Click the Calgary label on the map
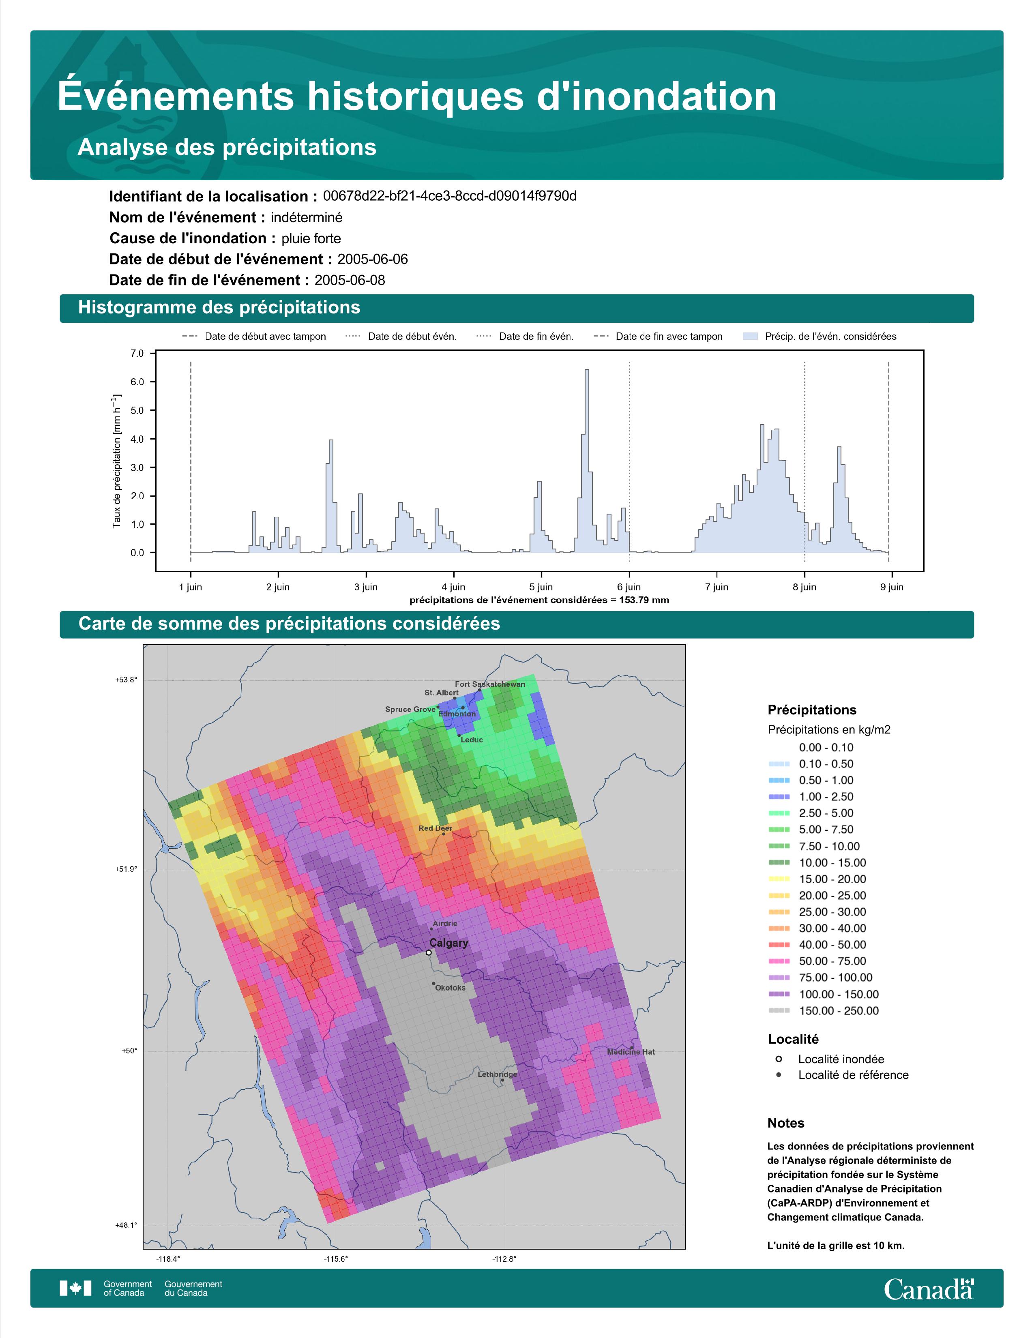point(448,943)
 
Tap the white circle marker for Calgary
point(429,953)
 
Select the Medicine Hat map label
point(631,1052)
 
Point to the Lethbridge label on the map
point(498,1074)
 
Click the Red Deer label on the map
point(435,828)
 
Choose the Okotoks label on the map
point(450,988)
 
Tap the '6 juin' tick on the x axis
point(629,587)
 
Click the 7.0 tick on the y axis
point(137,354)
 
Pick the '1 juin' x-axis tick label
point(191,587)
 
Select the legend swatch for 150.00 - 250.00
point(779,1011)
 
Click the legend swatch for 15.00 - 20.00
point(779,879)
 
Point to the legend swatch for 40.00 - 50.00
point(779,945)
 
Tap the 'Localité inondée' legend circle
point(779,1059)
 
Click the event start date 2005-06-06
point(372,259)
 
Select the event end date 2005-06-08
point(350,280)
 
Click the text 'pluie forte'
point(311,238)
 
